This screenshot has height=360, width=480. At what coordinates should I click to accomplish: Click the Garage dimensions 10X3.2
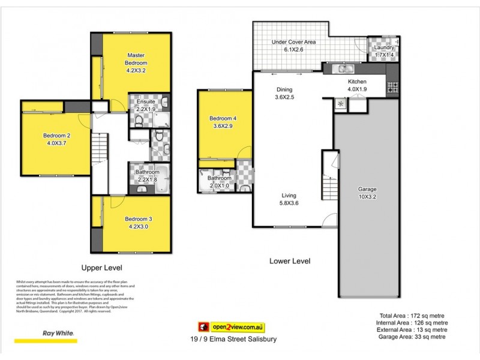pos(368,197)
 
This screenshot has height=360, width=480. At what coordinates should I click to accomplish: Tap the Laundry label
pos(384,47)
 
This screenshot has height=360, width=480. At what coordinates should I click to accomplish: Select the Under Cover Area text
pos(293,43)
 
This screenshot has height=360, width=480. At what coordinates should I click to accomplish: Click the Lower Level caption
pos(289,262)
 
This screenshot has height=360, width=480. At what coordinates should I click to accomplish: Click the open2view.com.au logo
pos(232,327)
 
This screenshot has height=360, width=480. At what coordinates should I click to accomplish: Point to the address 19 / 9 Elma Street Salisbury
pos(232,340)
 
